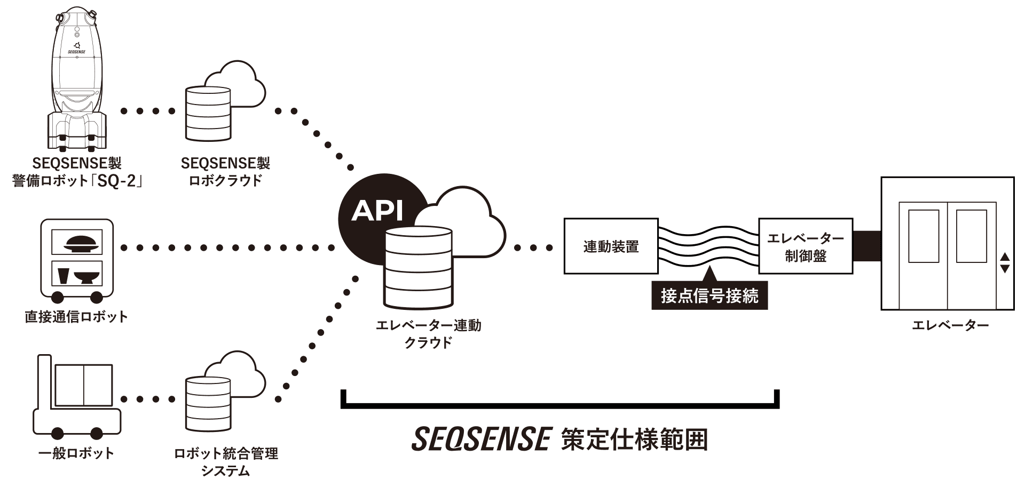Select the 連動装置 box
pos(611,246)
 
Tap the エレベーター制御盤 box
pos(805,246)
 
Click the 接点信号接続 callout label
pos(709,295)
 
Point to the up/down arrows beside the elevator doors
pos(1004,263)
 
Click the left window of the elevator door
pos(923,236)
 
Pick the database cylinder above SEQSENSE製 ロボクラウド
pos(208,114)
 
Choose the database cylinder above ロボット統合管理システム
pos(208,404)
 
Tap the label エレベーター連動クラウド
pos(428,333)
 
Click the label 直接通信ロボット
pos(76,317)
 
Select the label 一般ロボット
pos(76,453)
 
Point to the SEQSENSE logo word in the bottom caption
pos(481,439)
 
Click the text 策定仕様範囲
pos(634,439)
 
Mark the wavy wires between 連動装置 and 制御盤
pos(708,246)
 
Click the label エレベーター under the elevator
pos(950,325)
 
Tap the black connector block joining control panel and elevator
pos(866,246)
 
